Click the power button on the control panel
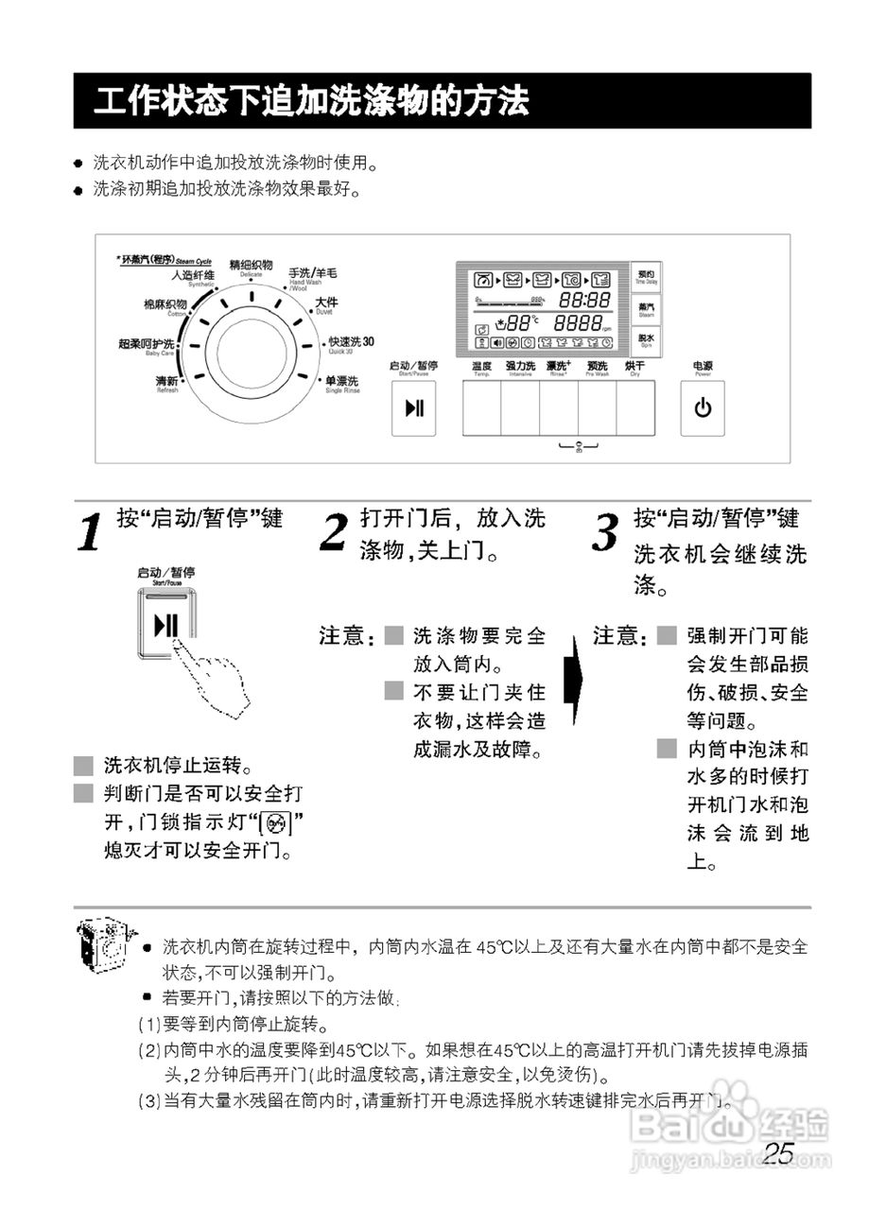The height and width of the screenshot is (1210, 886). coord(702,408)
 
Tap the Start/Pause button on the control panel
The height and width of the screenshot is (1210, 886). coord(413,408)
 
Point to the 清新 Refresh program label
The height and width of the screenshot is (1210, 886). coord(166,381)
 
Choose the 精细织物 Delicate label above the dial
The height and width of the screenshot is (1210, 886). coord(251,266)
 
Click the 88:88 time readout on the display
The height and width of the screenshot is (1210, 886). coord(584,300)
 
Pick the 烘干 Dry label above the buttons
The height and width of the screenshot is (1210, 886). coord(634,367)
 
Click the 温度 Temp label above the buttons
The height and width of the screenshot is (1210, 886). coord(481,367)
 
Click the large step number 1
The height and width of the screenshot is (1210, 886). coord(89,534)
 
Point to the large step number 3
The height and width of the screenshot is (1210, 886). coord(605,534)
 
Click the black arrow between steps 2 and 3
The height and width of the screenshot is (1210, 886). coord(571,678)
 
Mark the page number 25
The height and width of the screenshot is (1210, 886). coord(779,1153)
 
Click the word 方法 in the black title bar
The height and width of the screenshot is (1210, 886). coord(498,100)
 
